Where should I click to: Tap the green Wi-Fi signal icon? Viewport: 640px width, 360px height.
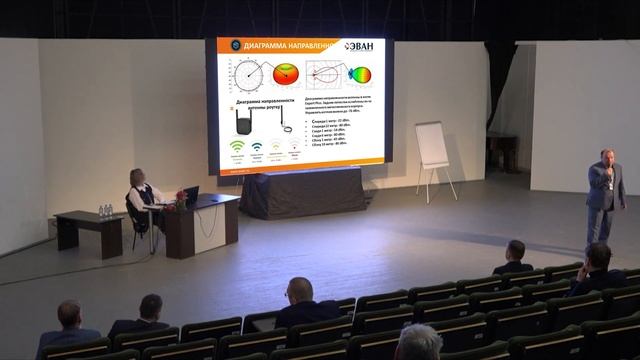coord(238,146)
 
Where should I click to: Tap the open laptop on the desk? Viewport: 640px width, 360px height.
coord(190,195)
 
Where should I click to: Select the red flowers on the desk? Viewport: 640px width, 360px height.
coord(180,196)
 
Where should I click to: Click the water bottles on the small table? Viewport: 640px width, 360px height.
coord(105,211)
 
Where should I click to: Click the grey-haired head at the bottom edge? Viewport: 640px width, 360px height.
coord(418,343)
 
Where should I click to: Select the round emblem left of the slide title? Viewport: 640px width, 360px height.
coord(226,46)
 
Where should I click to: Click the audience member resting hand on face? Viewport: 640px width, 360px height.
coord(598,268)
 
